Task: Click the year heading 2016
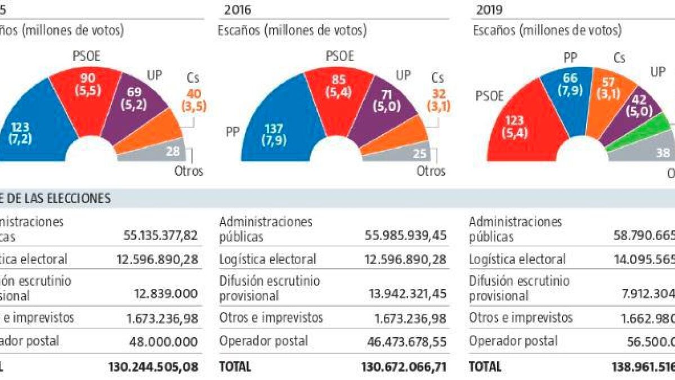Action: tap(238, 9)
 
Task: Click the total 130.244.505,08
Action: tap(153, 366)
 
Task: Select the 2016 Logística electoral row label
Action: tap(267, 260)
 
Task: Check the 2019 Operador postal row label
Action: tap(513, 341)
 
